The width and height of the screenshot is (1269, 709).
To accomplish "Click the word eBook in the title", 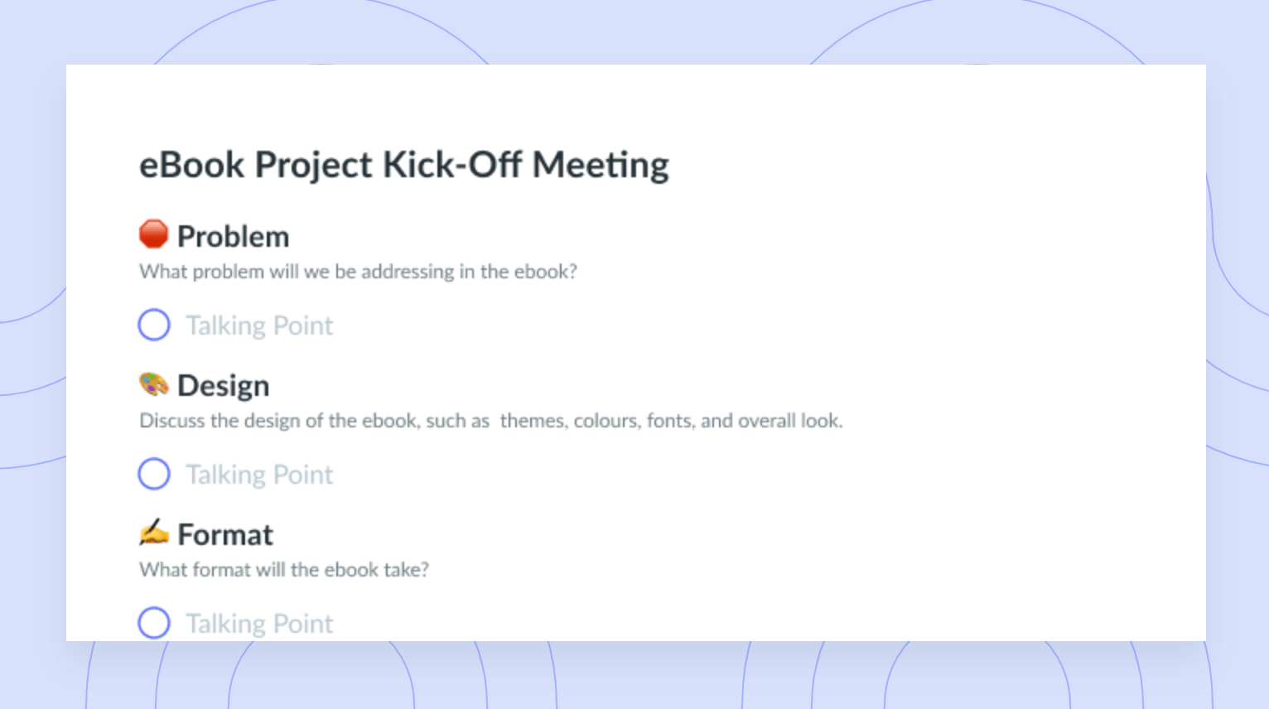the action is point(191,165).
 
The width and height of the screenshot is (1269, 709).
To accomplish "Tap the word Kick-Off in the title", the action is point(452,165).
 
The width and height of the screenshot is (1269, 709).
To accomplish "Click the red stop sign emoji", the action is point(153,234).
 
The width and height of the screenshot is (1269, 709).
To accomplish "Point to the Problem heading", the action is point(233,236).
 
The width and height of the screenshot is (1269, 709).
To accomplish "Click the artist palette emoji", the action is point(153,384).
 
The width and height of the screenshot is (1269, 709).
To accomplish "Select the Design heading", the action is point(223,386).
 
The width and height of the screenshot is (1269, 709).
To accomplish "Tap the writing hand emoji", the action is point(153,532).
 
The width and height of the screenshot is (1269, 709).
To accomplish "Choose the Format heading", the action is point(225,534).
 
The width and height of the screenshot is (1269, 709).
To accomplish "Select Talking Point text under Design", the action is point(259,475).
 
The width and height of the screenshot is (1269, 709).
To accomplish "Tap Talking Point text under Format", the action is point(259,624).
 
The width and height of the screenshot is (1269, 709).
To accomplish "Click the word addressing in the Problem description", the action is point(408,273).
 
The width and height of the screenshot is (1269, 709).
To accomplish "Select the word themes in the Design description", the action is point(533,422).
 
